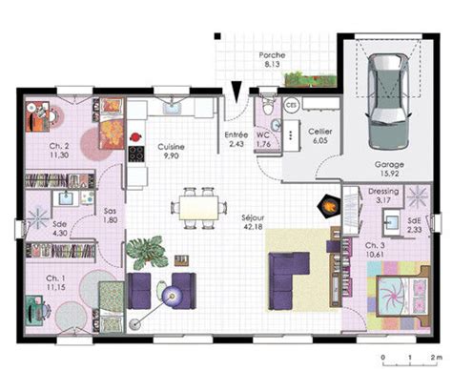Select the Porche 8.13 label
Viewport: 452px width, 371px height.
[x=272, y=61]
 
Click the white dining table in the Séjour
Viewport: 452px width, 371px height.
[x=196, y=207]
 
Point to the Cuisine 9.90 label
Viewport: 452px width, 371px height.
[x=172, y=152]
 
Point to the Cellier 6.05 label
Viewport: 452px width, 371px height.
[x=318, y=134]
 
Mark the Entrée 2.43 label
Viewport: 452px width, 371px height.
[x=236, y=140]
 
